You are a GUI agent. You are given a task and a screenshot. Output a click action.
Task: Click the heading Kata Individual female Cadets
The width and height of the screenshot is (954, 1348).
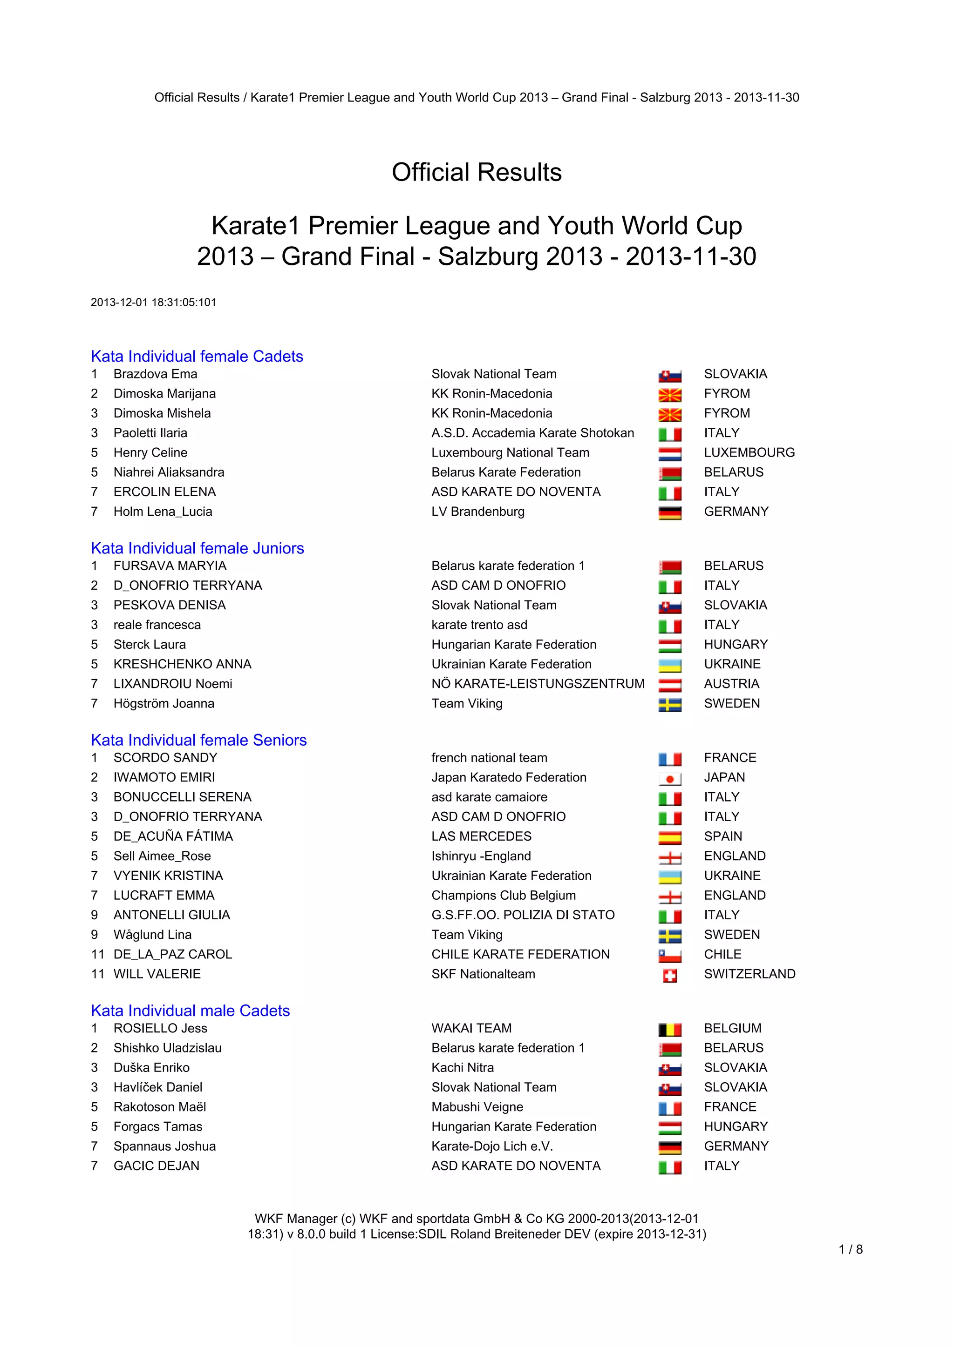[197, 357]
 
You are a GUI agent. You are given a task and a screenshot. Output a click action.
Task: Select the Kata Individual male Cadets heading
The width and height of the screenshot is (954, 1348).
[191, 1011]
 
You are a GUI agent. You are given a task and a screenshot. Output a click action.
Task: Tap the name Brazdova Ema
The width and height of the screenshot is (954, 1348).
[155, 374]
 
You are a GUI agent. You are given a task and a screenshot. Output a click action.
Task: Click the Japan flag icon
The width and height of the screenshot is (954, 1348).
[670, 779]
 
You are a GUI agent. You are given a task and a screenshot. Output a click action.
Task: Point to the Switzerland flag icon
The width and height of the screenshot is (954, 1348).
[670, 976]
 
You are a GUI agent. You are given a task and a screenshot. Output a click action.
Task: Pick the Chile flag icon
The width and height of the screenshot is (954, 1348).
[670, 956]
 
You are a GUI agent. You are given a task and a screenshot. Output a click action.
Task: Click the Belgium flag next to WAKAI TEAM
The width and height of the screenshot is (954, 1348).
[670, 1030]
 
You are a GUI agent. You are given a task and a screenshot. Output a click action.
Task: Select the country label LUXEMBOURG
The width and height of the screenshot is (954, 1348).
[749, 452]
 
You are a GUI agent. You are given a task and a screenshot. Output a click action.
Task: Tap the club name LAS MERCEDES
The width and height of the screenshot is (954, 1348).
[481, 836]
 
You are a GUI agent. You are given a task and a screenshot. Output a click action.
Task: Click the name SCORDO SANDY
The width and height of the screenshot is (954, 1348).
[165, 757]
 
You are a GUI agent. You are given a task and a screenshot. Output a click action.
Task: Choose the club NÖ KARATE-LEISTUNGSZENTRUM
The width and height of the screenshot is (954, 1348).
[538, 683]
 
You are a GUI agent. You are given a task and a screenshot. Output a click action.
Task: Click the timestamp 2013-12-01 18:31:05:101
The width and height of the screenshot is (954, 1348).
[153, 303]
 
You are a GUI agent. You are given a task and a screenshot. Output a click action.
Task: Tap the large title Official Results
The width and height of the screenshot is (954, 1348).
[477, 173]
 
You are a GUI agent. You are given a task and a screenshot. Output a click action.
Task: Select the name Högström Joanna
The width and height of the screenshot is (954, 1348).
[164, 703]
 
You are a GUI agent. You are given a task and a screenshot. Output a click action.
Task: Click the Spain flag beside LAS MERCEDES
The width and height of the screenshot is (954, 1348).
[670, 838]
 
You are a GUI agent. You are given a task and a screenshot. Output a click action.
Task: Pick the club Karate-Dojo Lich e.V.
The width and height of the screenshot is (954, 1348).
[492, 1146]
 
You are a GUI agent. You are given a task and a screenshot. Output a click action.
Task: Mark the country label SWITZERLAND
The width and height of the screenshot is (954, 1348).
[750, 974]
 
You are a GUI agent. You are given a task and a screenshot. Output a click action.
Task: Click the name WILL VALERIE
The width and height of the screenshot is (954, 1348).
[157, 974]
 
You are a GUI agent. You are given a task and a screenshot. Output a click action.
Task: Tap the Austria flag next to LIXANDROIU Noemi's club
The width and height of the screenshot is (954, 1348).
[670, 685]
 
